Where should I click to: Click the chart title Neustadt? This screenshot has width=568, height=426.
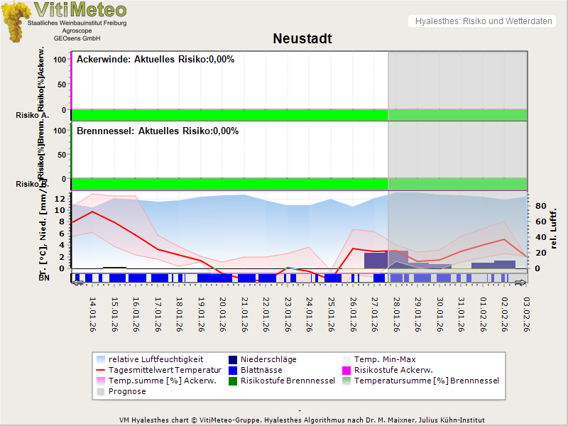pyautogui.click(x=302, y=38)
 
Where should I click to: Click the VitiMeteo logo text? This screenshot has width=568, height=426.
pyautogui.click(x=80, y=10)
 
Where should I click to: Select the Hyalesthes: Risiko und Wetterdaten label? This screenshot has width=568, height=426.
pyautogui.click(x=483, y=21)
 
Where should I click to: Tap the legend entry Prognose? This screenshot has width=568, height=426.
pyautogui.click(x=127, y=391)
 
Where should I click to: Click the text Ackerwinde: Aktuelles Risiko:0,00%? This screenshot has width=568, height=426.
pyautogui.click(x=155, y=59)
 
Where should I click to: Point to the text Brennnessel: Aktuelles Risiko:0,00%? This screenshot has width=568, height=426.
pyautogui.click(x=158, y=131)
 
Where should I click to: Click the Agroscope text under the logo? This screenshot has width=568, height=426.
pyautogui.click(x=76, y=31)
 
